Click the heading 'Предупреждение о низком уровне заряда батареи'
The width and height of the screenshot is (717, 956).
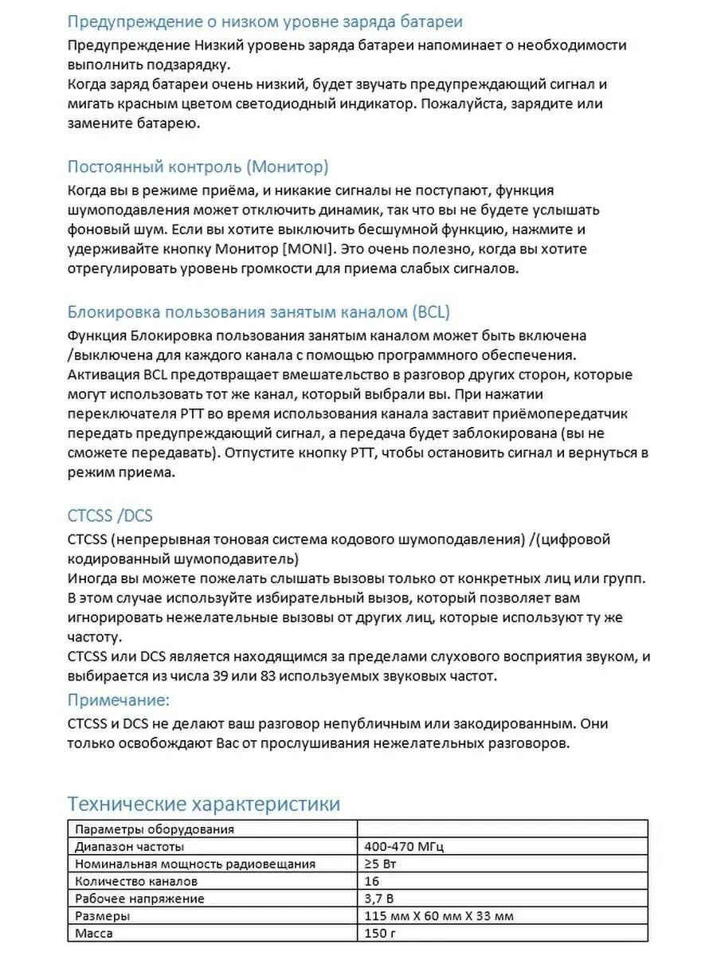tap(264, 22)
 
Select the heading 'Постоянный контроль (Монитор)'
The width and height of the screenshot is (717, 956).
tap(198, 167)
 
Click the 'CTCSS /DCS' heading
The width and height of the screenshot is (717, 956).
tap(110, 515)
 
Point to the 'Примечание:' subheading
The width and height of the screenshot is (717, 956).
tap(119, 700)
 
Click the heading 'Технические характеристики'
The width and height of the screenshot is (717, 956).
tap(203, 803)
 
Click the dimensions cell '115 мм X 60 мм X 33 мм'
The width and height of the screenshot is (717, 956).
tap(438, 916)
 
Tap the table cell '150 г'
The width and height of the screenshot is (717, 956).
tap(379, 933)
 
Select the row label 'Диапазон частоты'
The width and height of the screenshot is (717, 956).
tap(129, 846)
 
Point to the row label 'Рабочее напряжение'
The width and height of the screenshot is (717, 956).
tap(139, 899)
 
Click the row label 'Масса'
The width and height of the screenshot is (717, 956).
tap(94, 933)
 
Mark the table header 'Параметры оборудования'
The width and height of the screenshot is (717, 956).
tap(155, 829)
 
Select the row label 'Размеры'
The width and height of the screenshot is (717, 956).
tap(102, 916)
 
